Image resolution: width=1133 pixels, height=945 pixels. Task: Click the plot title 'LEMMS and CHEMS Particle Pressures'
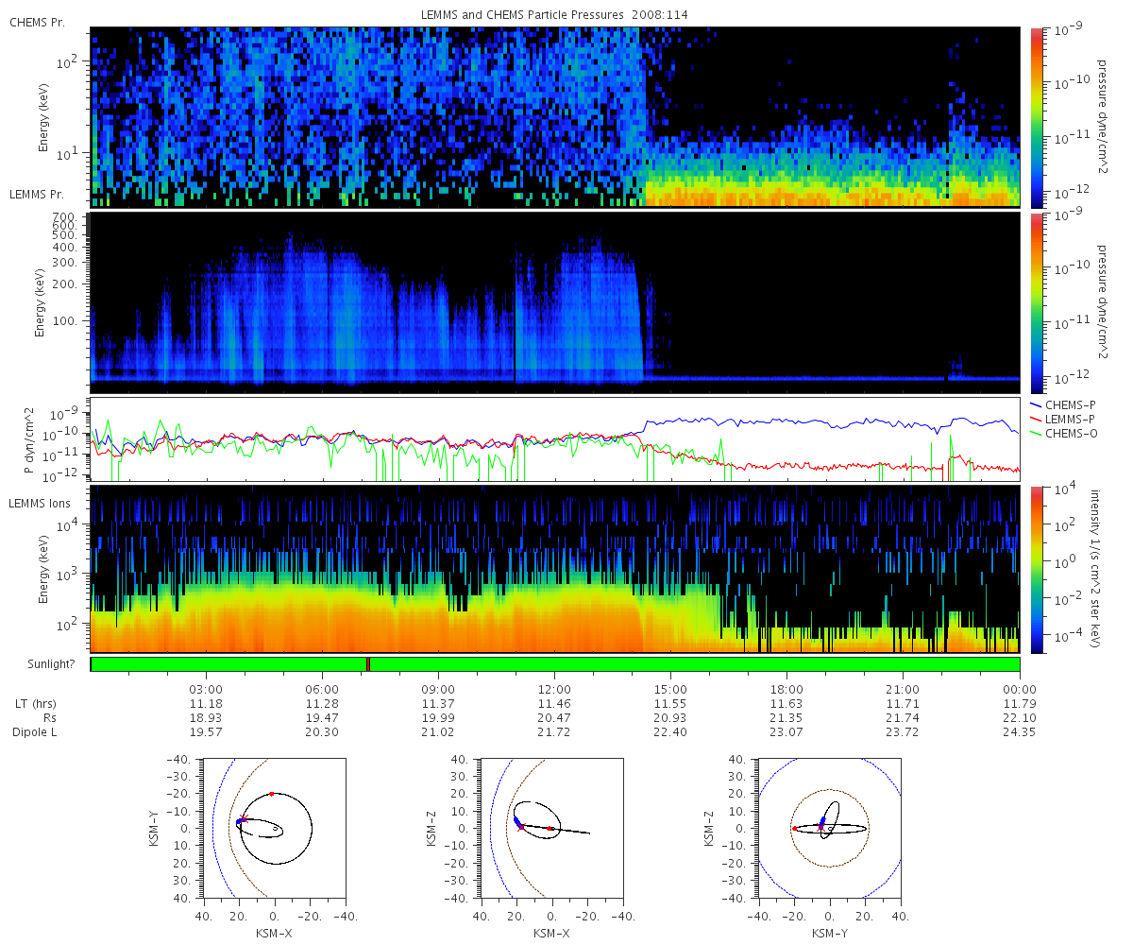(x=522, y=15)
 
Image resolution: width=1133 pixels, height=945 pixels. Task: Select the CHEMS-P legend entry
(x=1062, y=405)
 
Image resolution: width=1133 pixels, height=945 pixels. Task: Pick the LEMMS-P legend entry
(x=1062, y=420)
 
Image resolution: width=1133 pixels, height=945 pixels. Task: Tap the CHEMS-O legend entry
(x=1063, y=434)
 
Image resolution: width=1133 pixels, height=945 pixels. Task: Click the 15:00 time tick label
(x=670, y=689)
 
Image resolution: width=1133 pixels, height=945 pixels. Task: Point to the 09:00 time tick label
(x=438, y=689)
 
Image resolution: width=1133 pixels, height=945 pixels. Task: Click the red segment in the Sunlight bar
(x=368, y=663)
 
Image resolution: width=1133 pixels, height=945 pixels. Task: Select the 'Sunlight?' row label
(x=51, y=664)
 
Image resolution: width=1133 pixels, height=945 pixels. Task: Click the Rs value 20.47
(x=554, y=717)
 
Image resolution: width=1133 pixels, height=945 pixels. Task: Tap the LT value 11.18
(x=206, y=703)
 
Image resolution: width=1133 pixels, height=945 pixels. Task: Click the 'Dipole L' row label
(x=35, y=732)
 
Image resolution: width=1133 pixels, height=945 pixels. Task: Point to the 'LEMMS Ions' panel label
(x=39, y=504)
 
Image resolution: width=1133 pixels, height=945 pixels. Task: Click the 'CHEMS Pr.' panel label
(x=37, y=23)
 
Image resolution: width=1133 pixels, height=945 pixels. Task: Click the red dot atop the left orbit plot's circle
(x=272, y=794)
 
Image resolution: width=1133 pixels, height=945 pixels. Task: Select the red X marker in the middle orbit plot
(x=521, y=827)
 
